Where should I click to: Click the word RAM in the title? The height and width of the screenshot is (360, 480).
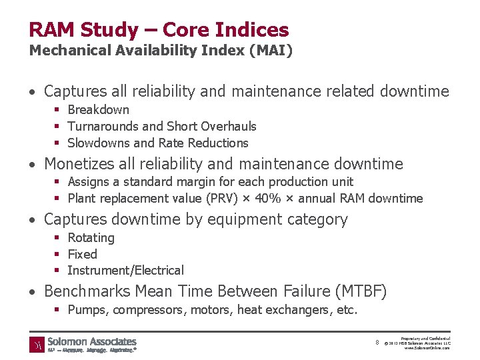(x=51, y=30)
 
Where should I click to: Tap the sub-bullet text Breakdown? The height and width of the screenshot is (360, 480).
(x=99, y=110)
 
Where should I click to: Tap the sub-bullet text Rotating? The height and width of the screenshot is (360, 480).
(x=91, y=238)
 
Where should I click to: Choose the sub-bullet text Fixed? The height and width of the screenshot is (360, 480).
(x=83, y=255)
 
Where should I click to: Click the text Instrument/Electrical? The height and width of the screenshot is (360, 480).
(x=126, y=271)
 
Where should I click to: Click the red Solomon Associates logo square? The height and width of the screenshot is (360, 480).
(x=37, y=345)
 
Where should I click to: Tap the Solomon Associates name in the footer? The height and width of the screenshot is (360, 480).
(x=92, y=341)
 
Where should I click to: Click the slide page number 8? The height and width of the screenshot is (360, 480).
(x=377, y=343)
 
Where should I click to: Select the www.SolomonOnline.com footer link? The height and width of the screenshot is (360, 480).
(x=427, y=348)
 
